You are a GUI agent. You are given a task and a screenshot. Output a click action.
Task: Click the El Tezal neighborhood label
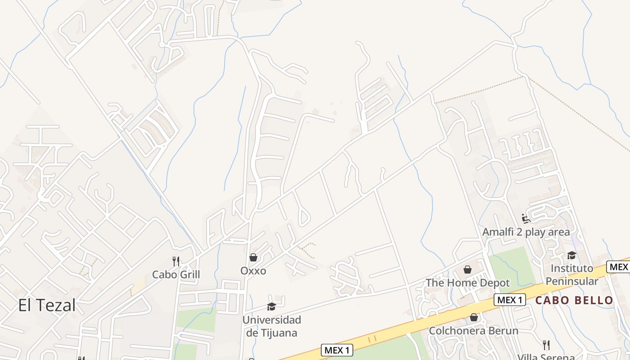tap(47, 305)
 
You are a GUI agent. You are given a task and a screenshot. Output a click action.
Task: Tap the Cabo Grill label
tap(176, 274)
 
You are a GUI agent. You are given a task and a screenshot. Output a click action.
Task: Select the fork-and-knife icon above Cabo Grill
tap(176, 261)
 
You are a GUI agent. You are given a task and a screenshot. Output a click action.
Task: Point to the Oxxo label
tap(253, 271)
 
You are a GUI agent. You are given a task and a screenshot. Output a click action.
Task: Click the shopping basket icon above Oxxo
tap(253, 257)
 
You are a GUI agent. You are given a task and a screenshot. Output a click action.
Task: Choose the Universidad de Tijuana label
tap(271, 326)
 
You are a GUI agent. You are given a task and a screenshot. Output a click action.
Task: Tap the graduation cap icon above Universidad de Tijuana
tap(271, 306)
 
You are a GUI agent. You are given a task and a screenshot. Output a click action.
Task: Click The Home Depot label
tap(468, 283)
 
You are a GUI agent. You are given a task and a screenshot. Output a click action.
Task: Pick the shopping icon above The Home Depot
tap(468, 270)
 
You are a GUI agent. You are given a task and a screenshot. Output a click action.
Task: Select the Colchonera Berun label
tap(473, 331)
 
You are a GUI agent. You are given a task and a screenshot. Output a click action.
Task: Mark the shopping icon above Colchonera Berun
tap(473, 318)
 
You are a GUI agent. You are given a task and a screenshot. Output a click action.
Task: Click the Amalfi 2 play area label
tap(526, 232)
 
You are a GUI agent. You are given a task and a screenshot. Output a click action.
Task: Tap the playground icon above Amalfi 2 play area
tap(526, 219)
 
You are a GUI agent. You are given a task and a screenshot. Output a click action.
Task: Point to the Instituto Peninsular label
tap(571, 274)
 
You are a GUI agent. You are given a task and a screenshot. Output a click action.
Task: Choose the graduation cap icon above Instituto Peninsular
tap(571, 255)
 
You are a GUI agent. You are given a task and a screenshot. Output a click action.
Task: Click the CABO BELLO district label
tap(574, 300)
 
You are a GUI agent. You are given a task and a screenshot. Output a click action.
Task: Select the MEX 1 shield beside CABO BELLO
tap(510, 300)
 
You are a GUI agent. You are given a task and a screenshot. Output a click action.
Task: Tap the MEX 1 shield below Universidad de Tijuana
tap(337, 350)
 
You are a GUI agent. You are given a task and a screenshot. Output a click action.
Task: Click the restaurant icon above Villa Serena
tap(546, 345)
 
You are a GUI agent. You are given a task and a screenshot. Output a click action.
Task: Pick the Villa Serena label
tap(546, 357)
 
